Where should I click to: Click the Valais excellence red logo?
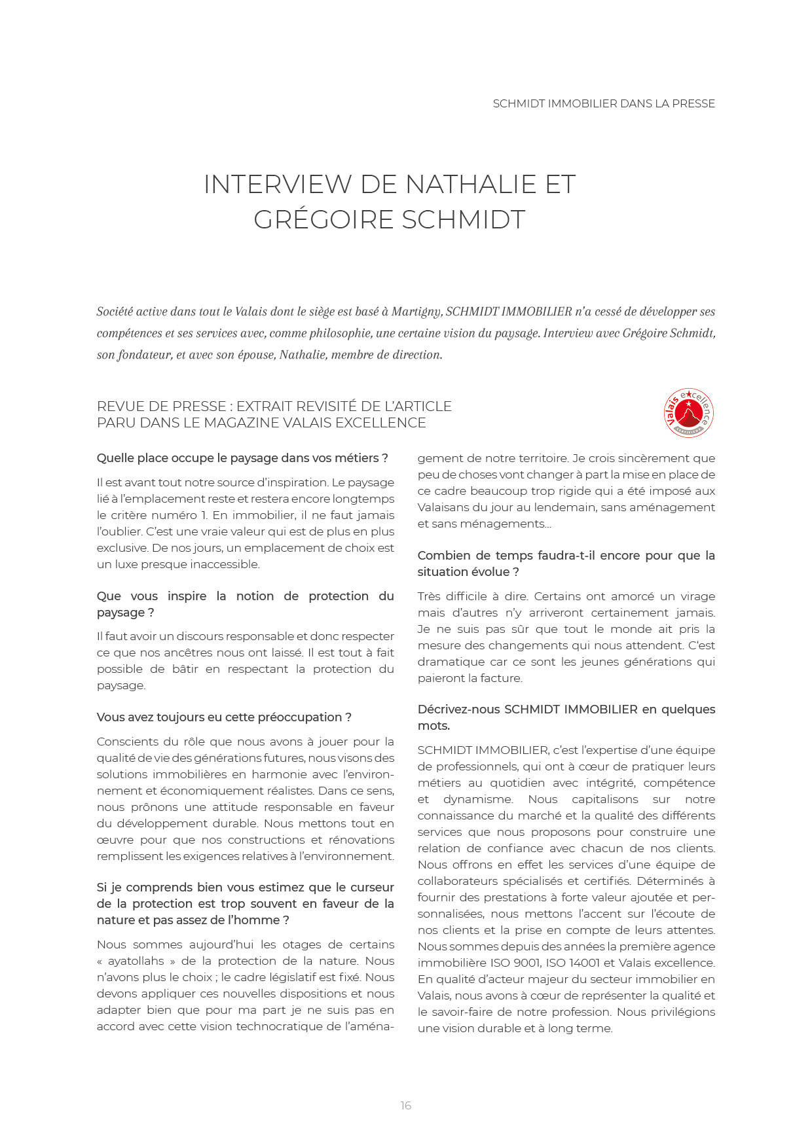tap(688, 413)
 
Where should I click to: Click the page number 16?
tap(406, 1105)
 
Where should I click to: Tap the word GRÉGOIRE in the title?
tap(323, 220)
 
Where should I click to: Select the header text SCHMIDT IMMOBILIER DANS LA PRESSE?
tap(603, 103)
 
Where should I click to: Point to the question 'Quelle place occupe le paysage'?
tap(242, 458)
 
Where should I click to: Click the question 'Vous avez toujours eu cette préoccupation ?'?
tap(224, 717)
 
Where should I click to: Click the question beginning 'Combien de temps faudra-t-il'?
tap(566, 564)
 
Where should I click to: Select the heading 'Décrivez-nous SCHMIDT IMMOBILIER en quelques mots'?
tap(566, 717)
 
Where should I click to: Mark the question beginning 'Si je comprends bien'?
tap(245, 904)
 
